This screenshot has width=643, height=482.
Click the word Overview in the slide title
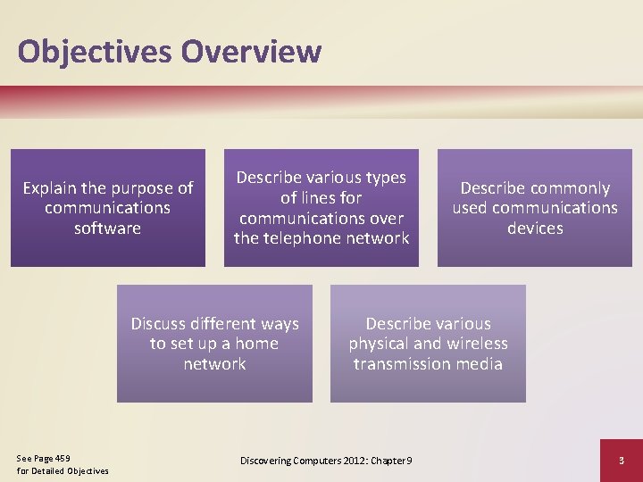251,52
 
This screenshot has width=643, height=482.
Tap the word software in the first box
108,229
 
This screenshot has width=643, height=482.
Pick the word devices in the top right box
534,229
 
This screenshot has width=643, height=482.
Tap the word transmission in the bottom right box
403,364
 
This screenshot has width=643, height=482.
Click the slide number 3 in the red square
621,461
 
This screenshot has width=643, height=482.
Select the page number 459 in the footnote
61,458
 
